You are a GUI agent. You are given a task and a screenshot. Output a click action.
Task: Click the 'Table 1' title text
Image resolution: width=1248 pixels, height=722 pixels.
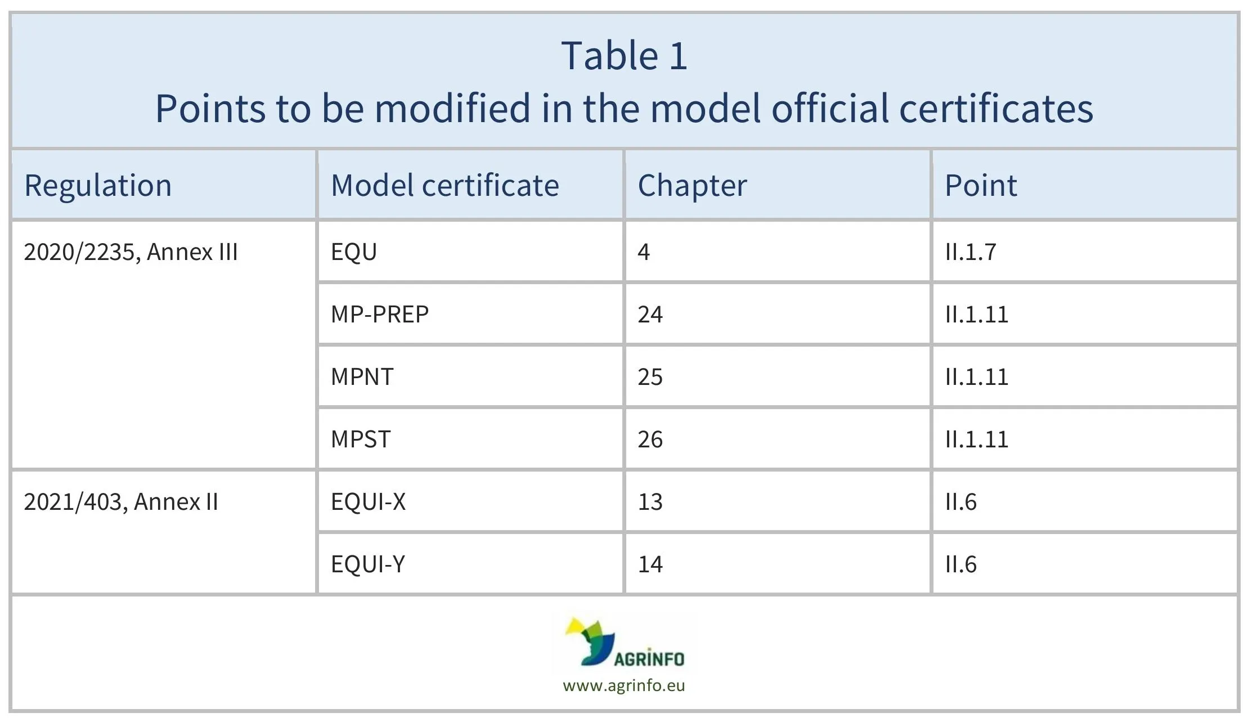coord(624,56)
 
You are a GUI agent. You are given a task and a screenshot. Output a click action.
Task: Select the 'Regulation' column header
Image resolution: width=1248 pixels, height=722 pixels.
coord(98,185)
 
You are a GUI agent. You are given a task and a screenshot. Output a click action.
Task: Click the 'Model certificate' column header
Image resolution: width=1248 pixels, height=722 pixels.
coord(445,185)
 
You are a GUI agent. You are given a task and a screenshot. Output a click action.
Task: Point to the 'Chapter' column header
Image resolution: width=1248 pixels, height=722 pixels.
coord(692,185)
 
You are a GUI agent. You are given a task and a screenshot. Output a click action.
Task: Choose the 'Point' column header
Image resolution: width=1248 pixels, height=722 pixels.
coord(981,185)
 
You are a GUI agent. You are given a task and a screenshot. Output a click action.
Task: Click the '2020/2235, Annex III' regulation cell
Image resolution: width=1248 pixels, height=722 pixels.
coord(131,252)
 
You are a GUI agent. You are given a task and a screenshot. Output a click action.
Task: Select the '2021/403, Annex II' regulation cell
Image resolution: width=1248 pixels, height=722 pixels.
coord(120,501)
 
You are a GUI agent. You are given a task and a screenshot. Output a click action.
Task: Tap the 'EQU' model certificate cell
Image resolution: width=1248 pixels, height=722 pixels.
coord(353,252)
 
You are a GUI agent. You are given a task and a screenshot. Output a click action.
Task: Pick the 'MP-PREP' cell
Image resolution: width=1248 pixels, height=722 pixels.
coord(380,314)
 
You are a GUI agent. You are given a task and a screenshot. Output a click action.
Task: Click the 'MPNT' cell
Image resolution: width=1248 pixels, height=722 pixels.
coord(362,376)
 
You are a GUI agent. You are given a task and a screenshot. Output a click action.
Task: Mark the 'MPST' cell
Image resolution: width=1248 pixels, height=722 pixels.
coord(361,439)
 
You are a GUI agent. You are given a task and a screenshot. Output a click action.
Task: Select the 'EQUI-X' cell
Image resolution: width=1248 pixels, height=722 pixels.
coord(368,501)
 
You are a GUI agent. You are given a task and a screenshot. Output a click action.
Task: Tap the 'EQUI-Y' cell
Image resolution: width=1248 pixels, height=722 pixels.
coord(368,564)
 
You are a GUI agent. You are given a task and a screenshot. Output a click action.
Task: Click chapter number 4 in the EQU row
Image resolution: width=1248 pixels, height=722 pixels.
coord(644,252)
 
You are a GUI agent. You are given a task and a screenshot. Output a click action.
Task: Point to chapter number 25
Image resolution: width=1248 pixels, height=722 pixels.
coord(650,376)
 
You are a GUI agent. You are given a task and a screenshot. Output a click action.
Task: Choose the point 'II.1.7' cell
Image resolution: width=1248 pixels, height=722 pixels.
coord(971,252)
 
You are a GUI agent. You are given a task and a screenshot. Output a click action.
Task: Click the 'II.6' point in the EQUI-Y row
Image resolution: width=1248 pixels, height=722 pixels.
coord(960,564)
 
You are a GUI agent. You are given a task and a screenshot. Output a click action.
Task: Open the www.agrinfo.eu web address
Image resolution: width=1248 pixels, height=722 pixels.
coord(623,685)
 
